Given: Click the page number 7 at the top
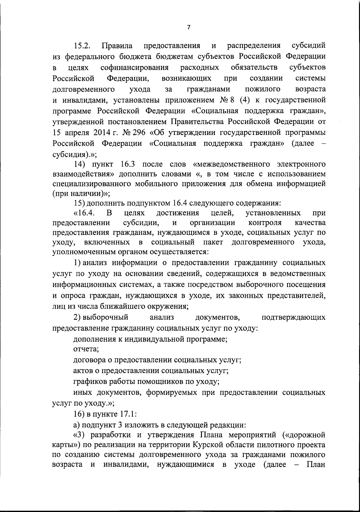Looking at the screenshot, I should [x=188, y=27].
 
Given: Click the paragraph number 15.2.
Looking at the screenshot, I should [x=84, y=46].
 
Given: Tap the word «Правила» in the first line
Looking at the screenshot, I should [x=117, y=46].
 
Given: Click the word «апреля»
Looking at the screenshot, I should [x=76, y=132].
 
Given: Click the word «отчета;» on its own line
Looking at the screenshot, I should [x=86, y=349].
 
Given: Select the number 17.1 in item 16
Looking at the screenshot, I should [x=128, y=414].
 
